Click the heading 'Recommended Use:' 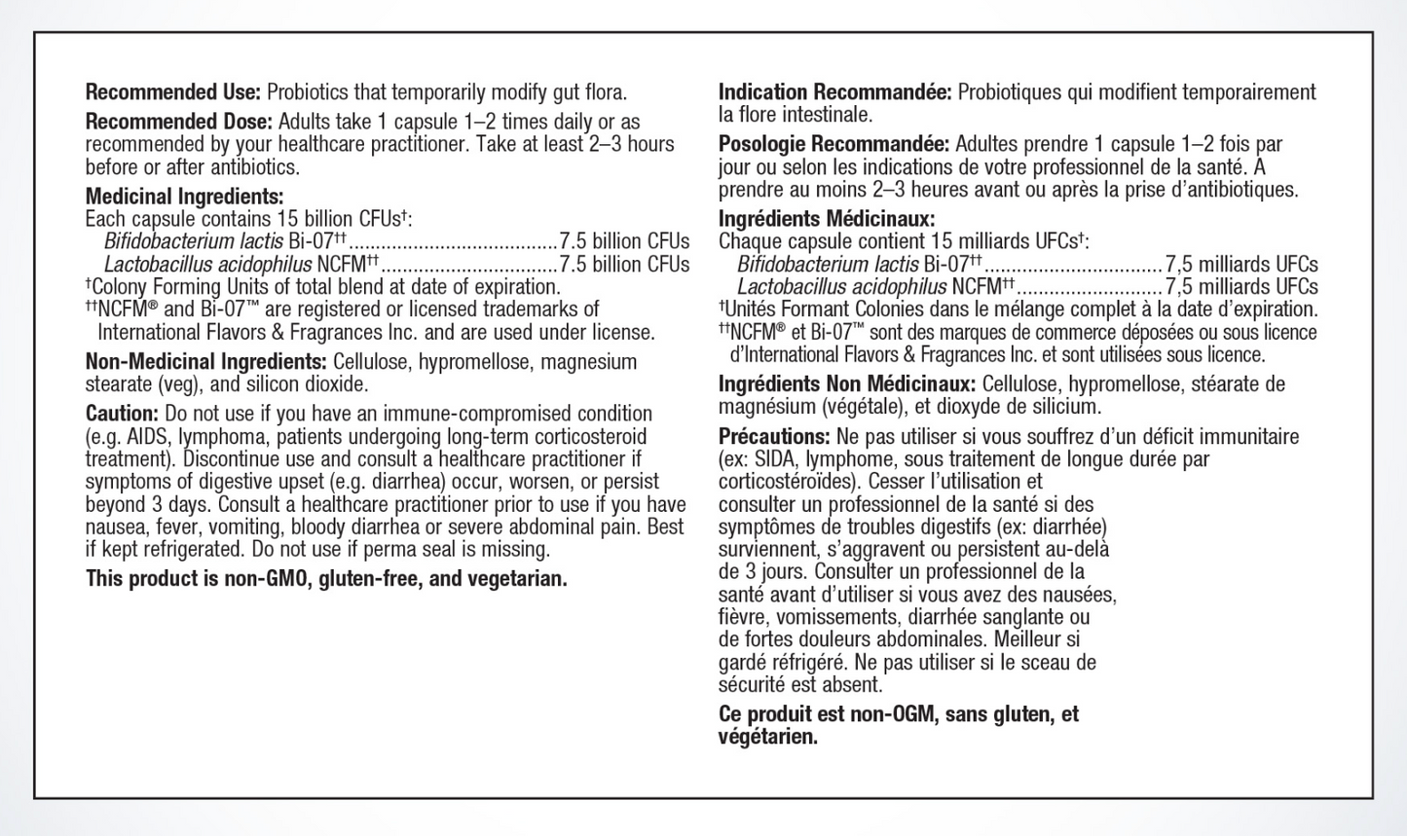pos(173,92)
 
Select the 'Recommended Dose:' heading pos(178,122)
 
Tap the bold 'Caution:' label pos(122,414)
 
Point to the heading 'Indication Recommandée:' pos(834,92)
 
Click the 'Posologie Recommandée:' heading pos(833,144)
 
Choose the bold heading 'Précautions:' pos(774,436)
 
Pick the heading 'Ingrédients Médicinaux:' pos(827,219)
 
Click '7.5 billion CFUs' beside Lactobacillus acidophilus pos(624,264)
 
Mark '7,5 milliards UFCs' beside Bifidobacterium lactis pos(1241,264)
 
